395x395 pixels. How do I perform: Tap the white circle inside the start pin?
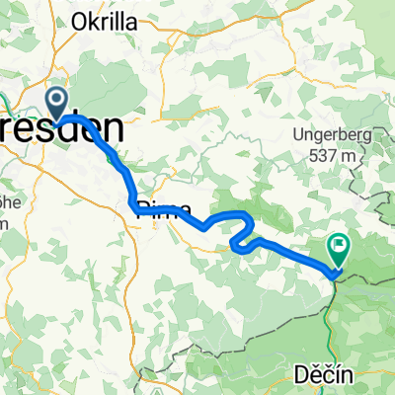[57, 98]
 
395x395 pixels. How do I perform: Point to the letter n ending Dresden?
[116, 129]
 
